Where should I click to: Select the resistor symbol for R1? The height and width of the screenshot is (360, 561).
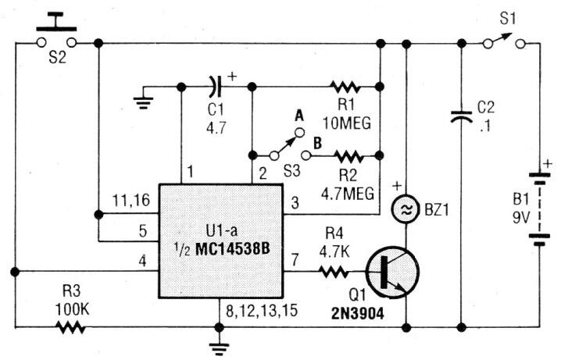click(345, 87)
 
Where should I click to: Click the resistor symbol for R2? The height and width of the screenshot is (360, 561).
click(348, 156)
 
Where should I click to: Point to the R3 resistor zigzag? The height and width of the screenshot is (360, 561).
click(70, 326)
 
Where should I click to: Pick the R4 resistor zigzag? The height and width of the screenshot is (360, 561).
click(333, 272)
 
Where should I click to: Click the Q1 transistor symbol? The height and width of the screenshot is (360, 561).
click(392, 272)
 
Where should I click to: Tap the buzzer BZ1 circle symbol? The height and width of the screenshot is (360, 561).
click(406, 210)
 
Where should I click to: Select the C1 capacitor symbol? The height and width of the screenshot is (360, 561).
click(216, 87)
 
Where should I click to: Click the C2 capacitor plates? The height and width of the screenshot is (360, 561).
click(461, 117)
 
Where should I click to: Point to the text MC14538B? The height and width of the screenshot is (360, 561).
click(233, 249)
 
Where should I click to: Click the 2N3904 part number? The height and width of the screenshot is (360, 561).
click(358, 313)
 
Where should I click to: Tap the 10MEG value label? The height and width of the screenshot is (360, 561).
click(347, 123)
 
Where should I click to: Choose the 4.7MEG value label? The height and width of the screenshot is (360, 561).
click(348, 194)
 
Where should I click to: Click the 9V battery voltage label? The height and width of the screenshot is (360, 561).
click(521, 217)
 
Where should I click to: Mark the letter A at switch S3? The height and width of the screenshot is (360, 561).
click(299, 116)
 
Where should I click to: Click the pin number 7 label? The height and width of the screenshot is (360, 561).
click(295, 260)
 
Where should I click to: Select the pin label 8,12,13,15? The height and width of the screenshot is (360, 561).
click(262, 311)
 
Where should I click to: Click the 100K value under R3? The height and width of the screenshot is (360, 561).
click(72, 309)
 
